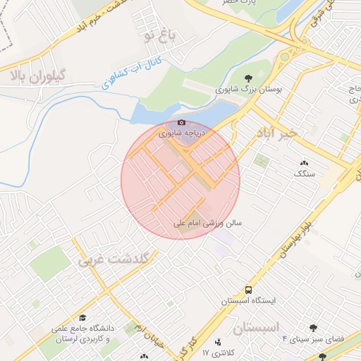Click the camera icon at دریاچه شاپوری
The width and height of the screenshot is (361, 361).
182,122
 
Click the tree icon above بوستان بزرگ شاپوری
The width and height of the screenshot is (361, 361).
248,79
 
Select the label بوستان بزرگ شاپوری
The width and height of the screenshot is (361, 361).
249,90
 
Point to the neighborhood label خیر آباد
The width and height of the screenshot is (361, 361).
278,132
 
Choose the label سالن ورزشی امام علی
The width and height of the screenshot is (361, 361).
208,222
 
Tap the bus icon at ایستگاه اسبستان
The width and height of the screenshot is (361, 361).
248,290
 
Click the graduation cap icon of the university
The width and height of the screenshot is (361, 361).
82,317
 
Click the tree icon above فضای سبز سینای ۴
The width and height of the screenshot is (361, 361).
313,328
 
